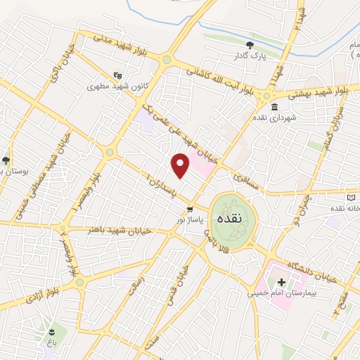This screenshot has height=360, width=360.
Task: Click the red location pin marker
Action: (x=180, y=165)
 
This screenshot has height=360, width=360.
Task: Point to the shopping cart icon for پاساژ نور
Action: (x=190, y=209)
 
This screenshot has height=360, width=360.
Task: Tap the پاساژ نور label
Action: (x=191, y=220)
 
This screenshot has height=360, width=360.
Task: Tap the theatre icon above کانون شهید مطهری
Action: (x=117, y=74)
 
